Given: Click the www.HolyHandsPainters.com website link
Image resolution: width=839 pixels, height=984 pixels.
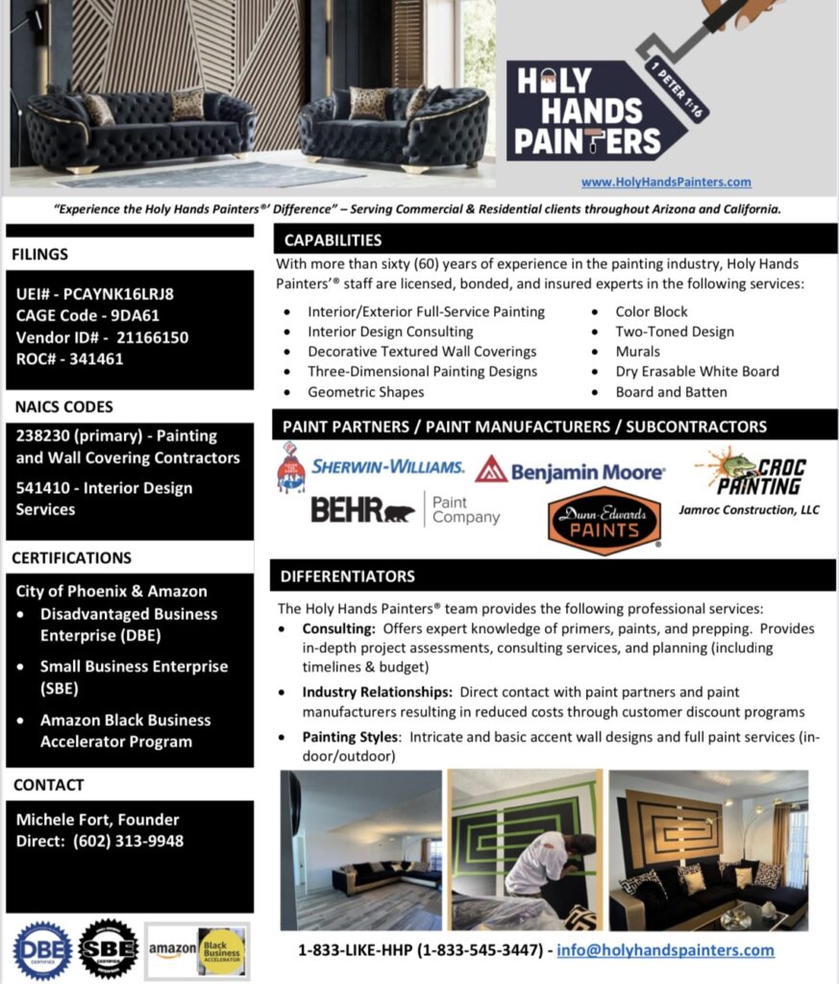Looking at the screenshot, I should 666,182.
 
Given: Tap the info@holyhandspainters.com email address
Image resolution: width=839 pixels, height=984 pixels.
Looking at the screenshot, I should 666,950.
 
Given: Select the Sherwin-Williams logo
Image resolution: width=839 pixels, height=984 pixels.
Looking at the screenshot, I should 371,468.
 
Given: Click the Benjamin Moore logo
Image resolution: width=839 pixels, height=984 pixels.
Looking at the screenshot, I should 569,471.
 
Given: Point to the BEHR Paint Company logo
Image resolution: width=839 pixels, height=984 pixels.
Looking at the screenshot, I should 405,510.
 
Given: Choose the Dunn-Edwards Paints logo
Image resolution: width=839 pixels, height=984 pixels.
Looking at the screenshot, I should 605,521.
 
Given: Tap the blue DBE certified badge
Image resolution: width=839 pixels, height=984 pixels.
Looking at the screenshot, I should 41,950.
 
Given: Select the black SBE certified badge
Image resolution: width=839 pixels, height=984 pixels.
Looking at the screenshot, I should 108,949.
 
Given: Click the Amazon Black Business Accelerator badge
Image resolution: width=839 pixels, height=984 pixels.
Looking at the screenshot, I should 197,950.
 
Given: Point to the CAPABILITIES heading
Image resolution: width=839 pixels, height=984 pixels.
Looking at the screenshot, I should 333,240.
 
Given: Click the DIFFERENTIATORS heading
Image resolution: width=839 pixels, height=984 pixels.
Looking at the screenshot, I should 348,577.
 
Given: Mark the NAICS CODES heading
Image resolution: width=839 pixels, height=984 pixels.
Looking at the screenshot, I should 62,406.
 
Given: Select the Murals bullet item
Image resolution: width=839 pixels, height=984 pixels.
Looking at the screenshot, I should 638,352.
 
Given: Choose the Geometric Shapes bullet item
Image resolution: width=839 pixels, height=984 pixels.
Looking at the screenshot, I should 365,392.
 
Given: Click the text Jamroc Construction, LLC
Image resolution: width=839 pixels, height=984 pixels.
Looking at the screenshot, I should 751,510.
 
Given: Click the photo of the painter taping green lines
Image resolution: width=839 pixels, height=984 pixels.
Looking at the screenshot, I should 525,850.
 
